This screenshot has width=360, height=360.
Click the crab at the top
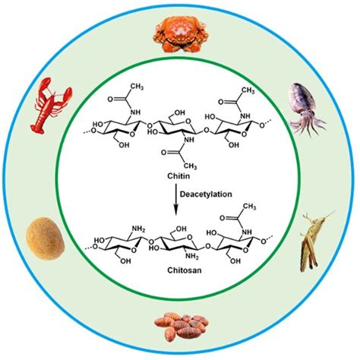178,31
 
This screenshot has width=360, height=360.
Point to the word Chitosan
179,267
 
